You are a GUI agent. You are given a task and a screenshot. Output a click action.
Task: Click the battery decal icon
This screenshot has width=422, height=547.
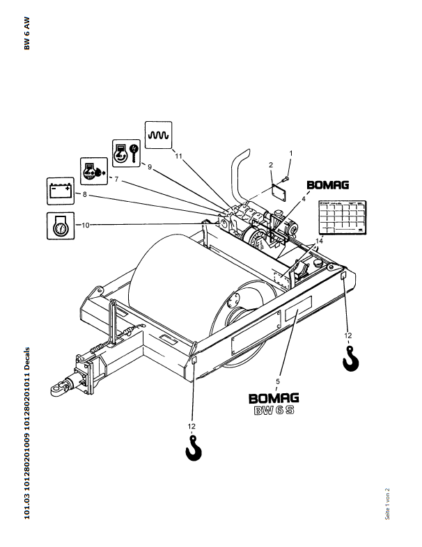click(60, 189)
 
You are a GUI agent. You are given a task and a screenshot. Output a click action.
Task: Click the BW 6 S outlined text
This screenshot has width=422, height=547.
click(274, 412)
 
